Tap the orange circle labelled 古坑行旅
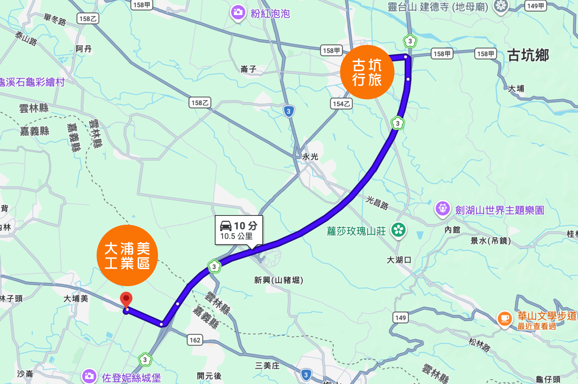tap(367, 72)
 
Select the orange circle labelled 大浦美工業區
tap(127, 255)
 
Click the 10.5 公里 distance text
tap(236, 236)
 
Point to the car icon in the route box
tap(226, 226)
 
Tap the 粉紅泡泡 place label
tap(270, 14)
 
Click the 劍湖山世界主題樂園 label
tap(499, 210)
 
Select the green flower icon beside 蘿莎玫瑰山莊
tap(398, 230)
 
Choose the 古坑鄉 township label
tap(528, 56)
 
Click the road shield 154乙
tap(341, 104)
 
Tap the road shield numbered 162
tap(195, 340)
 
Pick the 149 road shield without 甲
tap(401, 318)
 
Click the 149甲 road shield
tap(536, 6)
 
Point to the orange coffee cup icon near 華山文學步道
tap(504, 319)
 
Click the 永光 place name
tap(310, 157)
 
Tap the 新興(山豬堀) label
tap(279, 280)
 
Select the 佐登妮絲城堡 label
tap(131, 378)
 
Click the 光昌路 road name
tap(377, 202)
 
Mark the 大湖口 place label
tap(399, 260)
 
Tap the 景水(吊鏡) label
tap(491, 241)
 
